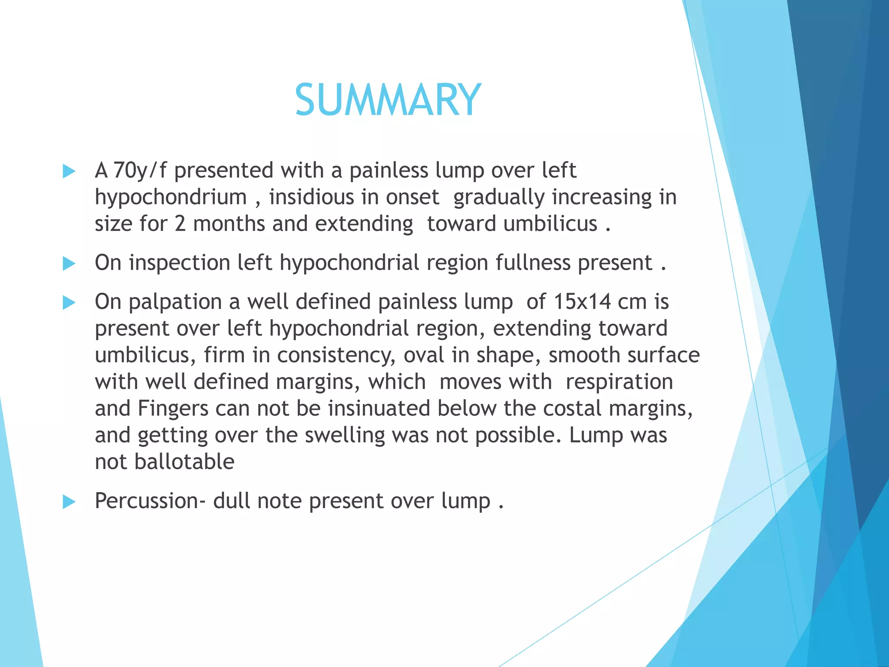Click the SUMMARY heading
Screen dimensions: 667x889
[x=388, y=100]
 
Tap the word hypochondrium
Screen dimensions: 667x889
[x=171, y=197]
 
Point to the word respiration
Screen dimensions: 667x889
[x=619, y=382]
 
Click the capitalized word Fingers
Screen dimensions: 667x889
[x=173, y=409]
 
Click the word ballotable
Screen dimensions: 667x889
[x=184, y=462]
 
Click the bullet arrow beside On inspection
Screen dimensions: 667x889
[x=69, y=264]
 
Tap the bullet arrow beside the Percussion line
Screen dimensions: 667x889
[x=69, y=502]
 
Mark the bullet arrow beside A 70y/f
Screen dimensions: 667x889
[x=69, y=171]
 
